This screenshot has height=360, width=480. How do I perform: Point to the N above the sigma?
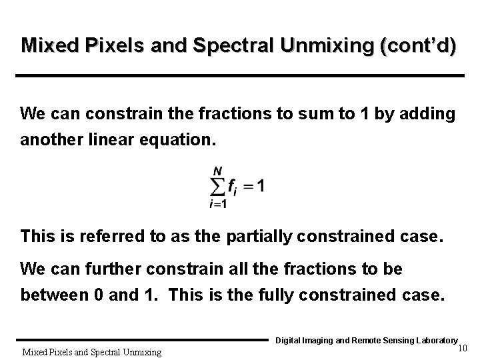coord(217,171)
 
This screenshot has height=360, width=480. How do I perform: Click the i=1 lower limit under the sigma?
coord(217,205)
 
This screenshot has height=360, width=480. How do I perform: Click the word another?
coord(49,141)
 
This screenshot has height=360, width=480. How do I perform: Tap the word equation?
coord(173,141)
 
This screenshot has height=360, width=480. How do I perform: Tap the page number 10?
coord(463,348)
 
